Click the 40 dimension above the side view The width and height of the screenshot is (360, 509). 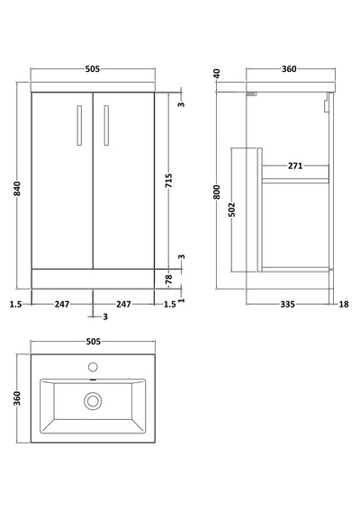click(217, 74)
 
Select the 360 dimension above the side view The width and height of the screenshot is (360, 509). click(289, 69)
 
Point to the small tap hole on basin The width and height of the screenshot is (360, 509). click(94, 367)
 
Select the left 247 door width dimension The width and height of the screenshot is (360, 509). click(62, 305)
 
